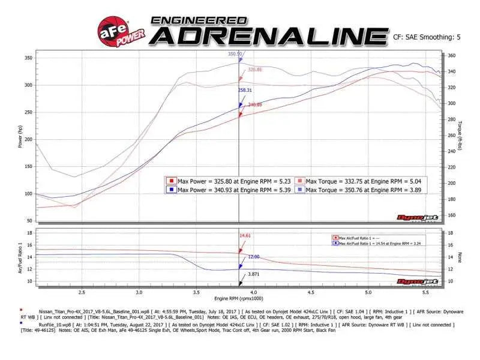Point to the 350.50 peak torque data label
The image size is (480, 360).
[x=235, y=54]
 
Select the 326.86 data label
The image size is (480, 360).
[x=255, y=70]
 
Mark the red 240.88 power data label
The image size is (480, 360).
[x=254, y=105]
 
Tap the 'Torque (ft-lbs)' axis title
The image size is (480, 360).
[x=460, y=136]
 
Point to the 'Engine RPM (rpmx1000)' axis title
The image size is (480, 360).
[x=239, y=298]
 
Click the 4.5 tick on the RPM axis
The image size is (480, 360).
[x=310, y=292]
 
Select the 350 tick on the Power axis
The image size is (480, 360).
[x=28, y=58]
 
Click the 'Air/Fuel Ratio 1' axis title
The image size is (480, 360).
[x=20, y=258]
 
